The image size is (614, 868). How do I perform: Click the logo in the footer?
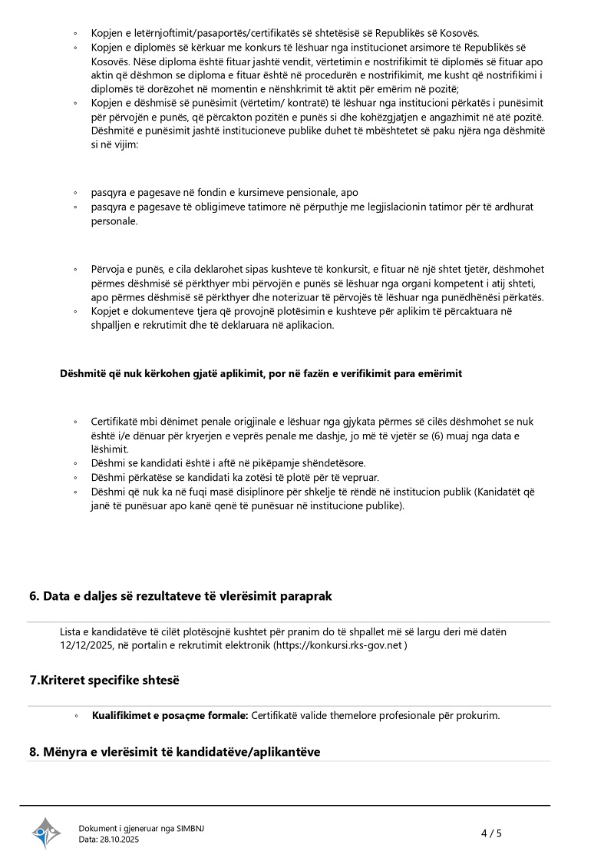[x=46, y=833]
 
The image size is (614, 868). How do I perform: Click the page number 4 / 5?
[x=491, y=833]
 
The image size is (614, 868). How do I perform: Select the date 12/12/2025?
[x=85, y=646]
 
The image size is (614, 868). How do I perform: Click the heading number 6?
[x=33, y=596]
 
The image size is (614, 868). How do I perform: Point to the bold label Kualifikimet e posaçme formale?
[x=170, y=716]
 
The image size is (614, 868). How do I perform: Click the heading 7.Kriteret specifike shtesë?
[x=104, y=681]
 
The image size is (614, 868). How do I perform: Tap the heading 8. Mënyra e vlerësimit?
[x=174, y=751]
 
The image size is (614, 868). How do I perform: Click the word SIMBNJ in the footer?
[x=191, y=828]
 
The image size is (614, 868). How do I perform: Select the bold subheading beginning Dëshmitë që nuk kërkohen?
[x=261, y=373]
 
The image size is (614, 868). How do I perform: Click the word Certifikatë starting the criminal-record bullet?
[x=116, y=422]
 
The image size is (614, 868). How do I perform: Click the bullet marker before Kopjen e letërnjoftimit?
[x=75, y=33]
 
